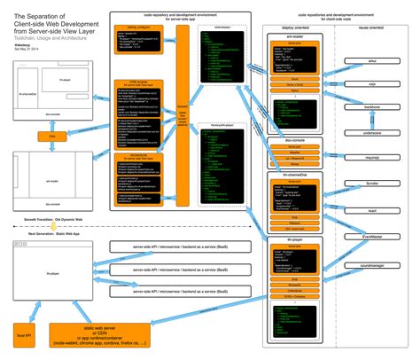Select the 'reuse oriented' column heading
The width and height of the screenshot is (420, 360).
(373, 27)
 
